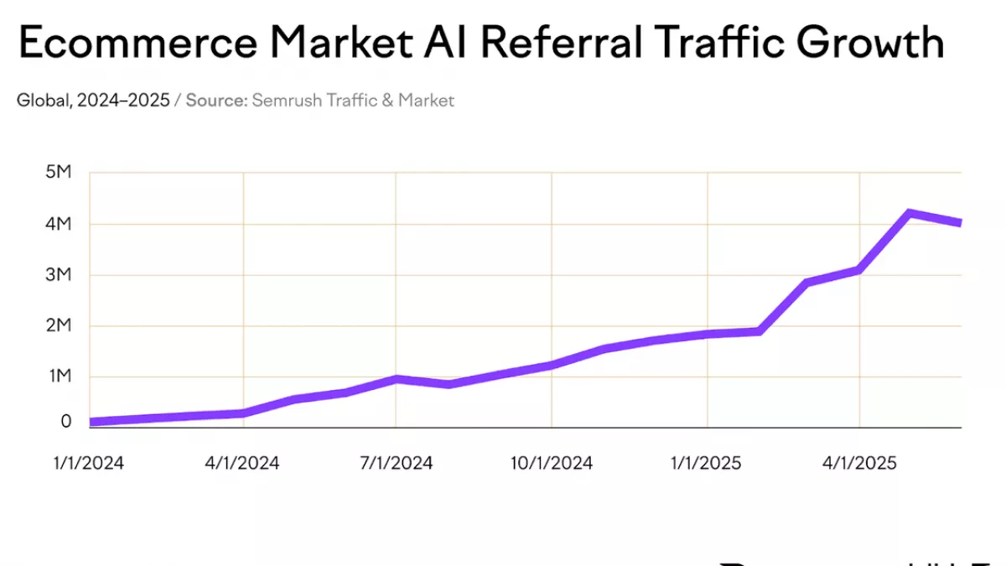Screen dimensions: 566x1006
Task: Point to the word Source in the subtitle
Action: tap(216, 101)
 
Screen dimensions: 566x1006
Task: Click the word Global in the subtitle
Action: tap(43, 101)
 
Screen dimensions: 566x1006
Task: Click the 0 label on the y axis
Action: tap(66, 422)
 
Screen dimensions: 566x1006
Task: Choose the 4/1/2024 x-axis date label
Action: tap(243, 463)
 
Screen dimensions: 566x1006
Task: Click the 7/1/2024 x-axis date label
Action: tap(397, 463)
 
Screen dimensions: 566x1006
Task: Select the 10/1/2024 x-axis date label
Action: tap(552, 463)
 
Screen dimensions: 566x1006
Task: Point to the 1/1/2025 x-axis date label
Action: tap(706, 463)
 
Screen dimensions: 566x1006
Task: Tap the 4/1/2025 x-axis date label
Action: tap(860, 463)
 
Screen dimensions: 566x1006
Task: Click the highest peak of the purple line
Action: tap(910, 213)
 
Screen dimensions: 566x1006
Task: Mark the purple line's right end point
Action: tap(959, 223)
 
